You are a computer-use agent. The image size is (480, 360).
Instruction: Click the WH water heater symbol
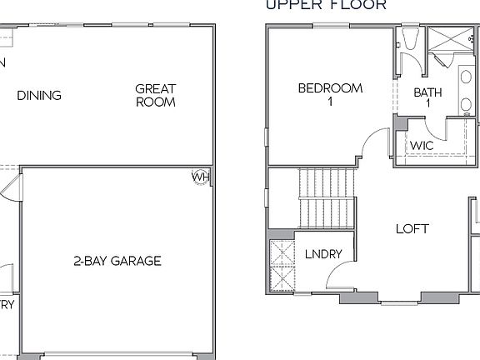point(201,177)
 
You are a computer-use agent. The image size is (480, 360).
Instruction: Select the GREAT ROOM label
point(156,95)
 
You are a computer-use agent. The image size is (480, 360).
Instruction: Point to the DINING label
point(39,95)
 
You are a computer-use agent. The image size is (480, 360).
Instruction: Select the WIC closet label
point(422,145)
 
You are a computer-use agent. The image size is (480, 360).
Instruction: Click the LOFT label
point(412,228)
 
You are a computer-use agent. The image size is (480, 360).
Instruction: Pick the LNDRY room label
point(323,254)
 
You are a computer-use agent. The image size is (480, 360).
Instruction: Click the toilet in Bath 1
point(408,40)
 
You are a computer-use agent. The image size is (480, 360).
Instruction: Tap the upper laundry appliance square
point(281,252)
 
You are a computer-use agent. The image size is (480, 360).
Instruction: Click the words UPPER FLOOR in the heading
point(326,5)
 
